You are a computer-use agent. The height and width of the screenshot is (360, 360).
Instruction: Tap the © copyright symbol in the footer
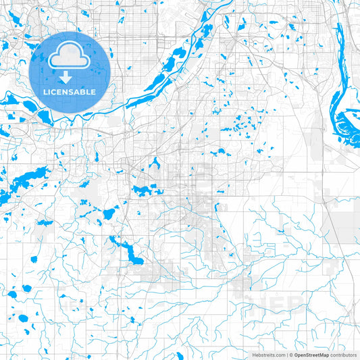coord(290,354)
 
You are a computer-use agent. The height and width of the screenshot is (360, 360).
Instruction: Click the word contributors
coord(343,354)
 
